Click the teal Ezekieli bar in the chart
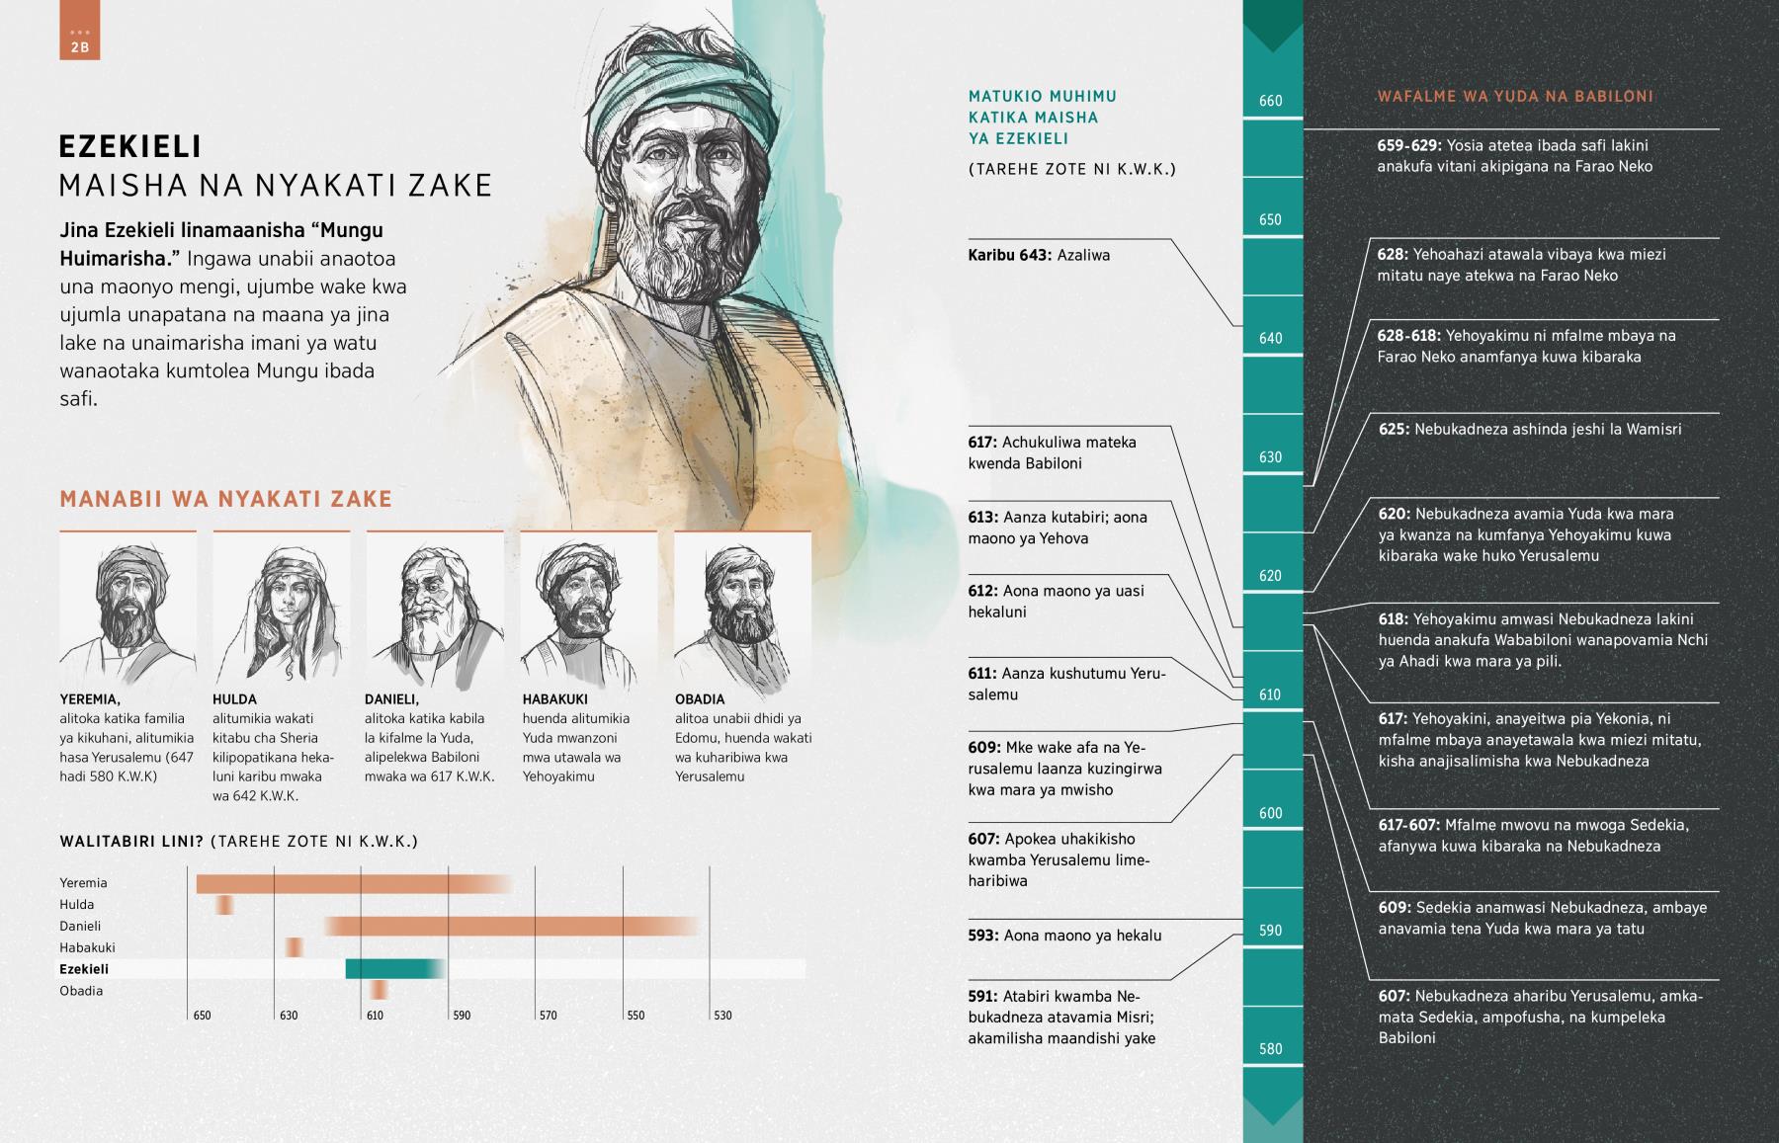[x=393, y=969]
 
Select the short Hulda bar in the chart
[x=225, y=905]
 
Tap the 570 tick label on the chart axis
[x=549, y=1016]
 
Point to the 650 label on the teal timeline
[x=1271, y=220]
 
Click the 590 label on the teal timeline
[x=1271, y=931]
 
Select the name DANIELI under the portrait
[x=391, y=699]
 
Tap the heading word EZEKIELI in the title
[x=130, y=147]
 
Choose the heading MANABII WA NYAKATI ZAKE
[x=226, y=500]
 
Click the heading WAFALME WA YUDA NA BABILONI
[x=1515, y=97]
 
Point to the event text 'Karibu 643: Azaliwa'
[x=1039, y=255]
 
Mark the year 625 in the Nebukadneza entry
[x=1394, y=430]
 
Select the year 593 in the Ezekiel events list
[x=982, y=936]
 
